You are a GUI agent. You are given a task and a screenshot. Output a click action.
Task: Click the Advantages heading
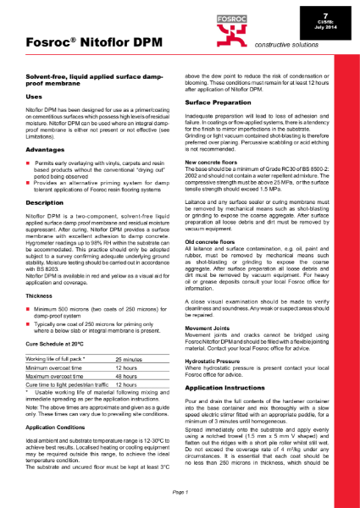[47, 148]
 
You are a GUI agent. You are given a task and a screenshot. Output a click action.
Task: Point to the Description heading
[47, 204]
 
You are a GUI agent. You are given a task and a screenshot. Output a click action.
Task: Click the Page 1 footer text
[180, 491]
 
